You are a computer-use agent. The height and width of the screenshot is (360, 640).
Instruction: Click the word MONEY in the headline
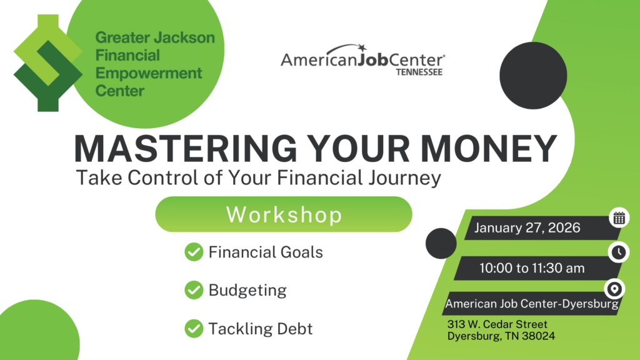point(487,149)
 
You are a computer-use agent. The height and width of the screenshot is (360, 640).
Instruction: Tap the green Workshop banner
point(284,214)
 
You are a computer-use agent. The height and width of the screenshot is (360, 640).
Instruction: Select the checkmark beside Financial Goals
point(194,252)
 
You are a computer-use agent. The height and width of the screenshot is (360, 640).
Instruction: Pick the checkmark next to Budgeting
point(194,290)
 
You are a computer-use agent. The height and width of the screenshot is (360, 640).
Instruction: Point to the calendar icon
point(619,217)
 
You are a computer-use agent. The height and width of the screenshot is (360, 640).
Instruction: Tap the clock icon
point(618,252)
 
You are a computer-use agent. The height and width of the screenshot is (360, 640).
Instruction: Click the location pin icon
point(615,289)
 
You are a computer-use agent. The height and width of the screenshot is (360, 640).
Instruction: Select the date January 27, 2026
point(527,228)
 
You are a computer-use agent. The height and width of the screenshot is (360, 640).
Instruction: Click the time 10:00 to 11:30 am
point(532,268)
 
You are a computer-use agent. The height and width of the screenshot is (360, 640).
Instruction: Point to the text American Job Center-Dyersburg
point(532,304)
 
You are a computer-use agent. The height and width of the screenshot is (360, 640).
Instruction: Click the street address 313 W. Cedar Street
point(497,324)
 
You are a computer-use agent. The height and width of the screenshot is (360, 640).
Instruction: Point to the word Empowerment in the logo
point(149,73)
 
